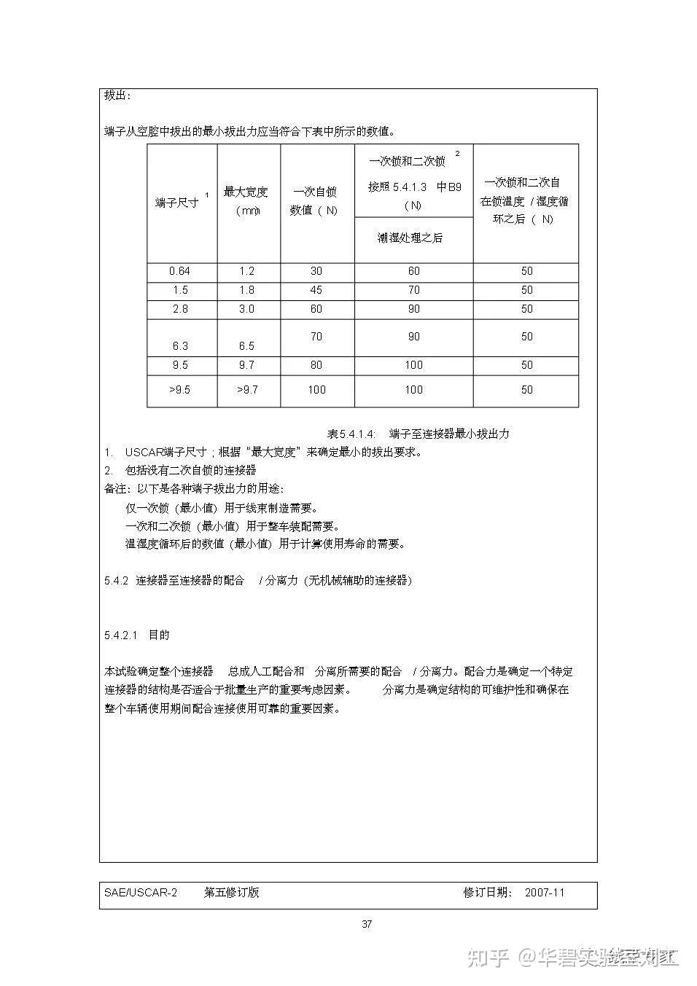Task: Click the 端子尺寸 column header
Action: point(177,202)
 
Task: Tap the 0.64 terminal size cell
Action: point(179,271)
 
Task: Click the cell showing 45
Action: point(316,290)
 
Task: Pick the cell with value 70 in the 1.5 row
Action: point(413,290)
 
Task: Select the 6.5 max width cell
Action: point(247,345)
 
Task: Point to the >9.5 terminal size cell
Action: point(179,390)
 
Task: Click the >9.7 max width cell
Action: point(247,390)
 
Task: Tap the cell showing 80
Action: point(316,365)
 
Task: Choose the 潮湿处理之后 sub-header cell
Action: point(410,238)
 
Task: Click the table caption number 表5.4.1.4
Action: point(351,434)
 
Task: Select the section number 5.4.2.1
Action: point(121,635)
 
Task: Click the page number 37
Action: point(367,924)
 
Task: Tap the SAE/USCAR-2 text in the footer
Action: point(141,893)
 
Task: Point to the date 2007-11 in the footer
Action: point(545,893)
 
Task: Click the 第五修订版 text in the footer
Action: point(232,893)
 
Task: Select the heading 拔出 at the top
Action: point(117,96)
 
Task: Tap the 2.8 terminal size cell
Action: point(180,309)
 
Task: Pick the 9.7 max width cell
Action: point(247,365)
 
